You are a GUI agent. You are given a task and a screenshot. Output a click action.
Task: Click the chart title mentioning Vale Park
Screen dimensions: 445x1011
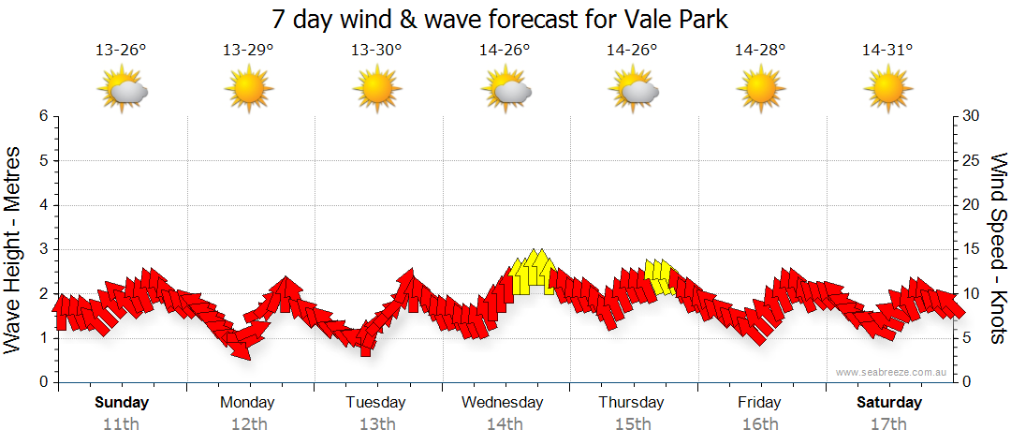(x=499, y=20)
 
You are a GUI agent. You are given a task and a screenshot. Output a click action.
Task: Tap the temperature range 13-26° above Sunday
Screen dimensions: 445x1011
(x=122, y=51)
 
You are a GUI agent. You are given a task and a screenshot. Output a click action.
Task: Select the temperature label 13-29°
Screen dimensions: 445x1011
(x=248, y=51)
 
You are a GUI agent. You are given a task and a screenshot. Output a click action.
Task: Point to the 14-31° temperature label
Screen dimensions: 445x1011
(x=887, y=51)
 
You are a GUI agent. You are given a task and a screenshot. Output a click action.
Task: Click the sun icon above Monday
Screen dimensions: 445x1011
(x=248, y=90)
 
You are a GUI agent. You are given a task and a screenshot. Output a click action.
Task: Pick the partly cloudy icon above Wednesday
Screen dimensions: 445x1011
(x=506, y=90)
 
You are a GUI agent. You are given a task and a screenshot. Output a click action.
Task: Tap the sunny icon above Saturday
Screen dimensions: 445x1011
(x=887, y=90)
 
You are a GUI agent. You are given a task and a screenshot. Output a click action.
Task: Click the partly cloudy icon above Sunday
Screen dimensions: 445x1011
(x=123, y=90)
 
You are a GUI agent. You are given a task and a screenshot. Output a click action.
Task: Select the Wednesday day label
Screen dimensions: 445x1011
(x=503, y=403)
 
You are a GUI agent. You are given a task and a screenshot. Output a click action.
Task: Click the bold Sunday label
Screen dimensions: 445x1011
(x=122, y=403)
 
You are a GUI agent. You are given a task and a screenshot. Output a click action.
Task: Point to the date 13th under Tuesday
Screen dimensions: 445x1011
(x=376, y=423)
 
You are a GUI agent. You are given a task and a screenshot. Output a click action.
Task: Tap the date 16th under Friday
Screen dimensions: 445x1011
(x=759, y=423)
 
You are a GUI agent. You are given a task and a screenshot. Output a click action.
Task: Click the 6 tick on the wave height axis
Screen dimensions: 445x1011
(x=43, y=116)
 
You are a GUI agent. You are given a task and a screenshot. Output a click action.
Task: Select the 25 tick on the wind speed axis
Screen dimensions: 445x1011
(x=972, y=161)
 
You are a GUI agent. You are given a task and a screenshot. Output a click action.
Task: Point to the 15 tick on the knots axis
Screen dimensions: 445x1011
(x=972, y=249)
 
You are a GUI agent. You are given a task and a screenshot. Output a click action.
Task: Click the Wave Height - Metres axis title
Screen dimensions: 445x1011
(x=15, y=249)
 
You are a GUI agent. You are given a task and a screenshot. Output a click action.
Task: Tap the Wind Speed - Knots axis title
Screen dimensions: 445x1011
(x=999, y=249)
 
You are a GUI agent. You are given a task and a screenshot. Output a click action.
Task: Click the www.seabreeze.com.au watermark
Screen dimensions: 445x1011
(x=893, y=372)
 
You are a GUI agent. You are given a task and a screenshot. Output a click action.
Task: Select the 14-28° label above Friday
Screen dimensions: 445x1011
(x=759, y=51)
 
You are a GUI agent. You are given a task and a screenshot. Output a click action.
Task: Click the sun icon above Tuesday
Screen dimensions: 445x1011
(x=376, y=90)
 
